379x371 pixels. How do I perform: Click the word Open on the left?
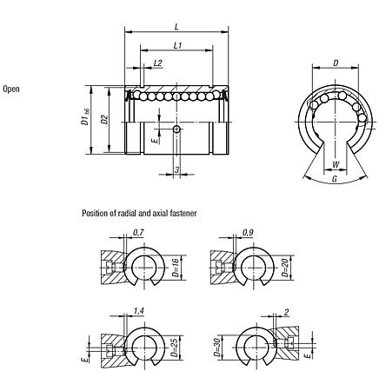click(11, 89)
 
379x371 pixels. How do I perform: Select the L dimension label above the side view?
click(177, 28)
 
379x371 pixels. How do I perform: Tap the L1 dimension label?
click(177, 44)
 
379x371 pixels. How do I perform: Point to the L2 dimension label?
click(157, 63)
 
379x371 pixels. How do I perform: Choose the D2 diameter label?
click(104, 120)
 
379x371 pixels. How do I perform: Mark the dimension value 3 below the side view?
click(176, 169)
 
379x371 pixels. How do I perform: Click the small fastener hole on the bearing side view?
click(176, 129)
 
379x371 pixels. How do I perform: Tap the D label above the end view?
click(336, 63)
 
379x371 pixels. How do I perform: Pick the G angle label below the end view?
click(336, 181)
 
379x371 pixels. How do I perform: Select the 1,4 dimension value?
click(139, 309)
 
